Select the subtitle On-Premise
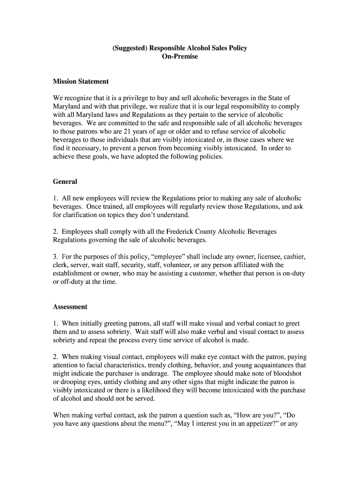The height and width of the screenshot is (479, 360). pos(180,57)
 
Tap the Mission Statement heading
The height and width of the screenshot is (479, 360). pos(81,81)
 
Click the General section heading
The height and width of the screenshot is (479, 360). pos(65,181)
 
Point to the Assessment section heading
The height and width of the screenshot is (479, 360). pos(70,307)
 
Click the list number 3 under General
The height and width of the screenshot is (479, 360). pos(55,257)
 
